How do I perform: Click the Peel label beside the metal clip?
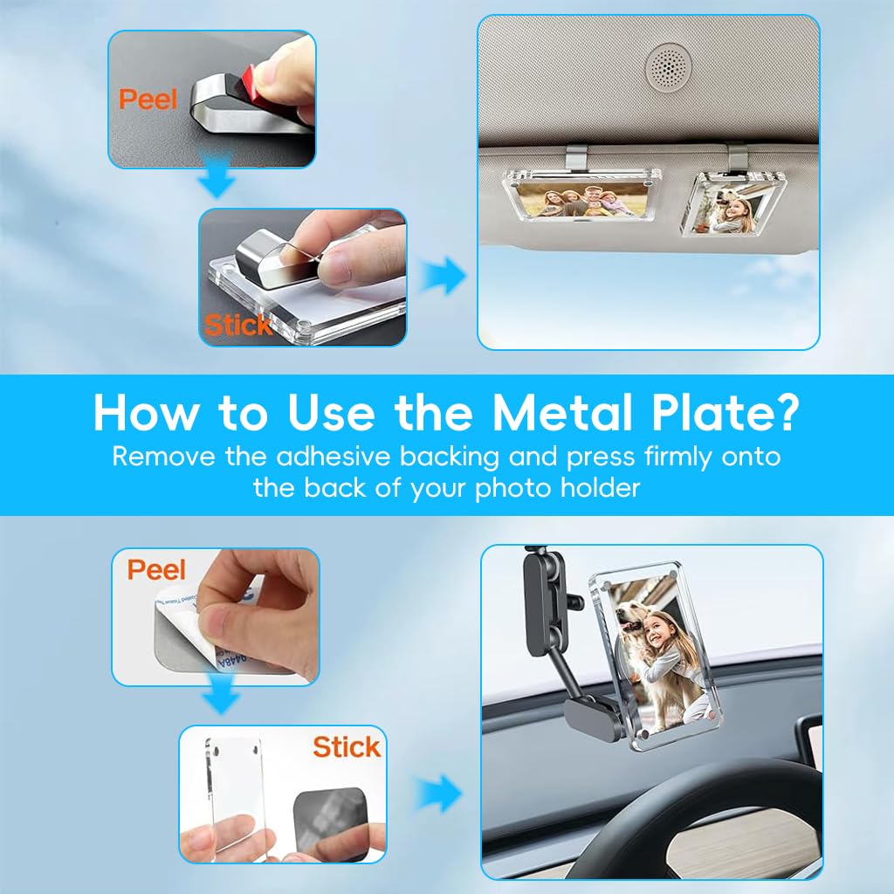(148, 98)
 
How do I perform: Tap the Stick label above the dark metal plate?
(347, 746)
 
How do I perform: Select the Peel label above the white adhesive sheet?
(157, 570)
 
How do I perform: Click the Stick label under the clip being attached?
(237, 326)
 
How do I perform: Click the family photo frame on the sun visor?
(584, 194)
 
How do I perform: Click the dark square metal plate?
(331, 810)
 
